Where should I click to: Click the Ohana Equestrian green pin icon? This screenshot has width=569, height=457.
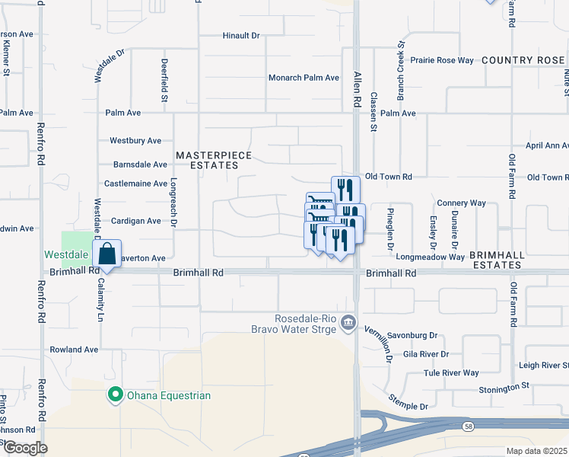(115, 395)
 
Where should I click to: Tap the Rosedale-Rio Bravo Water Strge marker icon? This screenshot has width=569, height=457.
(349, 323)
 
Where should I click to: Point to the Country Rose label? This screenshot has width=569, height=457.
(524, 60)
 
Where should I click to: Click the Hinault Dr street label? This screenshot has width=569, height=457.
(241, 36)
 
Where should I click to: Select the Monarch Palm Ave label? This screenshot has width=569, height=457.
(304, 78)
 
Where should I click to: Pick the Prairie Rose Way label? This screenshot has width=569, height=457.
(442, 60)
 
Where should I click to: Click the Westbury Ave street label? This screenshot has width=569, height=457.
(135, 141)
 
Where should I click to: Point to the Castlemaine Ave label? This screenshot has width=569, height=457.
(135, 184)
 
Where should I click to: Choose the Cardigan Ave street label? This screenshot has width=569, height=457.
(137, 222)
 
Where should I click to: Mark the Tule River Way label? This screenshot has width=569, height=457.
(451, 373)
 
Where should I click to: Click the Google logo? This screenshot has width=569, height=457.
(25, 448)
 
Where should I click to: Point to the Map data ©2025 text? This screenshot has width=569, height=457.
(537, 451)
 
